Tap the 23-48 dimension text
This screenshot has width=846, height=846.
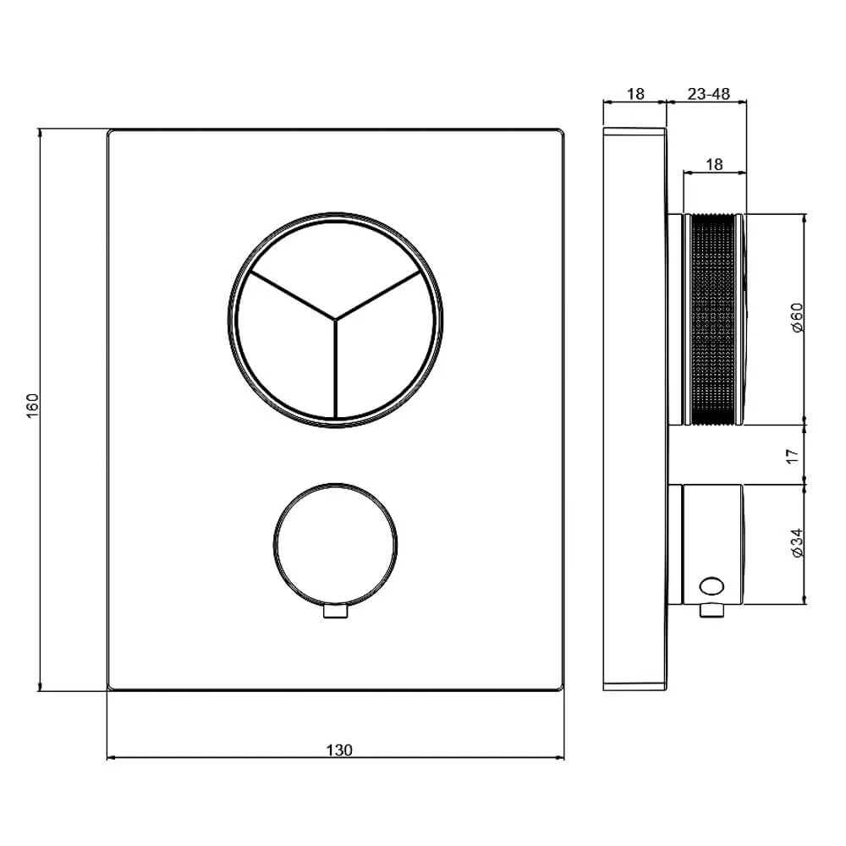pos(708,94)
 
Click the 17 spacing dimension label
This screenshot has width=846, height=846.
pos(793,455)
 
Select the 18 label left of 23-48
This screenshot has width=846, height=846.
pos(635,94)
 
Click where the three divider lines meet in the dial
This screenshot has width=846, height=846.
pos(335,319)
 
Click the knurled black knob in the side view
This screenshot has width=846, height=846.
pos(716,318)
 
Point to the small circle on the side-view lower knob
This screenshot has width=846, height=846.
pos(712,585)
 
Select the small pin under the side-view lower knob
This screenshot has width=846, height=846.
pos(711,611)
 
